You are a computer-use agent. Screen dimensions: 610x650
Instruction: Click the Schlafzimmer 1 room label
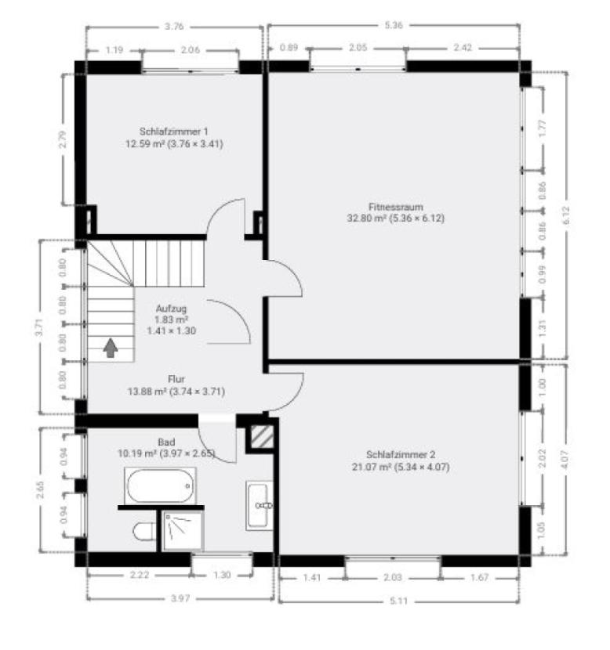pos(173,132)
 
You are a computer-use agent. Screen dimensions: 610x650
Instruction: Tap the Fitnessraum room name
pos(395,207)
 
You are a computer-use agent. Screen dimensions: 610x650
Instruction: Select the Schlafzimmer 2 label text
pos(401,455)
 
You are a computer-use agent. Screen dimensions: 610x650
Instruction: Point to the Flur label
pos(176,379)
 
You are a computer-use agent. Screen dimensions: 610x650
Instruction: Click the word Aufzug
pos(172,309)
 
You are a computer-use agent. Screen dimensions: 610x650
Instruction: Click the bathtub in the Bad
pos(160,486)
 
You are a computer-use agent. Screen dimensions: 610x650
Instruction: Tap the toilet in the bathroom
pos(144,532)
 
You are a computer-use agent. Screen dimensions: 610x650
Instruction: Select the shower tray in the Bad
pos(183,531)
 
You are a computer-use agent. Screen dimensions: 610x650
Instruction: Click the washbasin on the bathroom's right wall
pos(259,505)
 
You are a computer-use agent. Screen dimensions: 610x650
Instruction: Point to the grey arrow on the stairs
pos(111,348)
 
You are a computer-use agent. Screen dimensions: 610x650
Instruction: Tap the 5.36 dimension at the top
pos(394,25)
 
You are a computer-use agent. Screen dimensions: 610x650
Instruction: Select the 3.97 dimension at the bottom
pos(180,598)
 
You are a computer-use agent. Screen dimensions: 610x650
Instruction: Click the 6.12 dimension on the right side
pos(566,215)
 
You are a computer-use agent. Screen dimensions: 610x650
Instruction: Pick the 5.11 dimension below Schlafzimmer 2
pos(399,601)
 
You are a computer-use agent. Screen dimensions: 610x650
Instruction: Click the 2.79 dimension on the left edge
pos(62,139)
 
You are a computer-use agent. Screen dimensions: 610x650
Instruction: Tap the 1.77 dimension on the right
pos(542,128)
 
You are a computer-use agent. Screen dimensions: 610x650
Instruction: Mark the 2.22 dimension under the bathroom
pos(140,575)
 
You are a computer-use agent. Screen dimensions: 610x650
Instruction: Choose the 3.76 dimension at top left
pos(174,27)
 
